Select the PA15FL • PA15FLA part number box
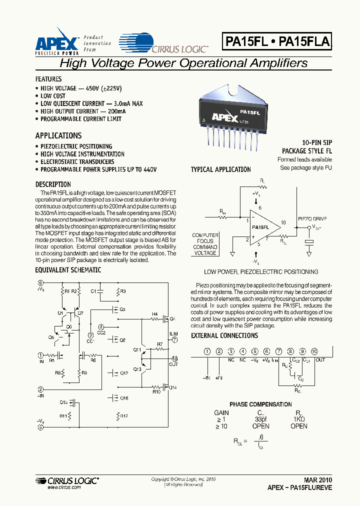(x=276, y=42)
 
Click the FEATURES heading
(x=48, y=79)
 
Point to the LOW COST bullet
(x=53, y=95)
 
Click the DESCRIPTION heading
(x=53, y=184)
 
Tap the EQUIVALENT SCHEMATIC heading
(x=68, y=270)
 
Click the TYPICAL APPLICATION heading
(x=220, y=169)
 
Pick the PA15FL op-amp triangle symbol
(x=261, y=227)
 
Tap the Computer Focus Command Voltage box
(x=205, y=244)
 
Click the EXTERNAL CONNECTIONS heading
(x=224, y=335)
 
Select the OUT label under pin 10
(x=320, y=360)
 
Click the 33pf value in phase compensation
(x=261, y=419)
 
